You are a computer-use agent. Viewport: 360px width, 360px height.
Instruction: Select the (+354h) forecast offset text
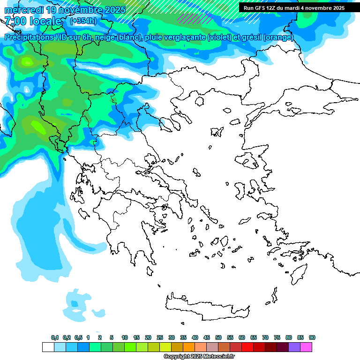pyautogui.click(x=83, y=21)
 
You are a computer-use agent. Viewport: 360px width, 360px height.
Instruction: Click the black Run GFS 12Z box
pyautogui.click(x=294, y=8)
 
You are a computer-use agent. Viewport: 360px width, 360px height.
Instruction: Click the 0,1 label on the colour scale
pyautogui.click(x=55, y=337)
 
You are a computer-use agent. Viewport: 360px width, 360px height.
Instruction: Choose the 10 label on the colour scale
pyautogui.click(x=124, y=337)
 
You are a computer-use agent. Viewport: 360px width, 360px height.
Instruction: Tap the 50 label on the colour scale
pyautogui.click(x=218, y=337)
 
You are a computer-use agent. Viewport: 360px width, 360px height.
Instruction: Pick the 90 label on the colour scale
pyautogui.click(x=312, y=337)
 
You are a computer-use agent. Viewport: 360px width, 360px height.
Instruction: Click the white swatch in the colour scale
pyautogui.click(x=48, y=347)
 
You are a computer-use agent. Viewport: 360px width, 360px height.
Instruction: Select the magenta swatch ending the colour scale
pyautogui.click(x=306, y=347)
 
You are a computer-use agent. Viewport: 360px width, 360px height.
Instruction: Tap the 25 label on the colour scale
pyautogui.click(x=159, y=337)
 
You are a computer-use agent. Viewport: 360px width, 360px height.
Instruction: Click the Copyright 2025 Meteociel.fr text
pyautogui.click(x=199, y=357)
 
